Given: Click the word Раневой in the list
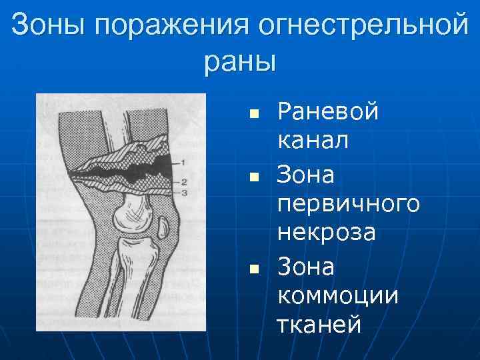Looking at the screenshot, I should point(327,111).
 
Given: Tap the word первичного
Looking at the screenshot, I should point(348,203).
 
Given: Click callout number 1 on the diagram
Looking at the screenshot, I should point(183,162).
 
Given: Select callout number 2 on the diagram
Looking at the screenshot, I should point(183,181).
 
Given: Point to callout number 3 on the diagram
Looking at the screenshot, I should point(183,192).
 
